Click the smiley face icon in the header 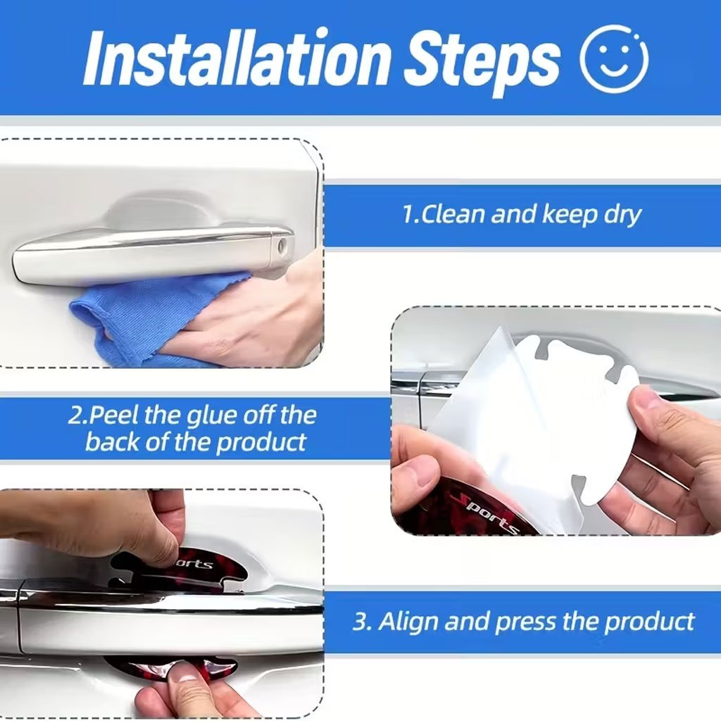[613, 60]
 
